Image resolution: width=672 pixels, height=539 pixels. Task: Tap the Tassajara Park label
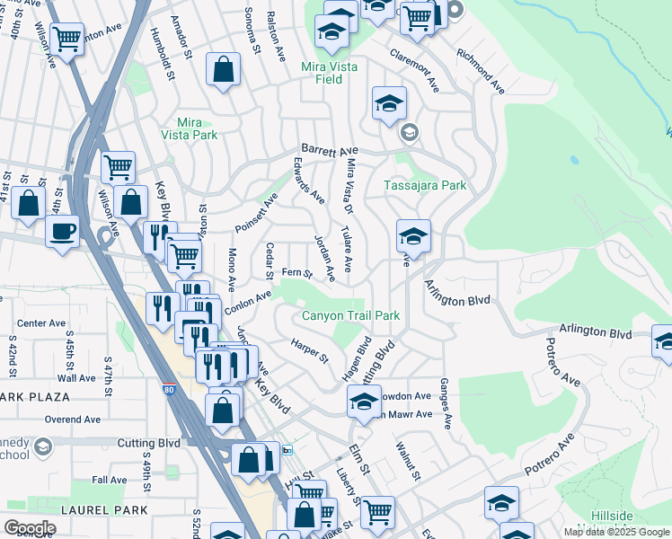click(425, 185)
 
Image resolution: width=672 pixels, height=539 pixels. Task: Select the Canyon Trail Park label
click(350, 315)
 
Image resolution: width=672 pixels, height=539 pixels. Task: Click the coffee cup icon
click(62, 231)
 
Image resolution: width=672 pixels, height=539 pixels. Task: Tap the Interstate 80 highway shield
click(169, 389)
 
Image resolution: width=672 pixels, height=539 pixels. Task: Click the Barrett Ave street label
click(330, 150)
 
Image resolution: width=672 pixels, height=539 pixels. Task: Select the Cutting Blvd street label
click(149, 443)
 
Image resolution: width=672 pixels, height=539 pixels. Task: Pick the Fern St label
click(296, 272)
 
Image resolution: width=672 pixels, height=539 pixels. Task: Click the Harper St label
click(310, 350)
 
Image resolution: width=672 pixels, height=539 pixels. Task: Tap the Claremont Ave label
click(414, 67)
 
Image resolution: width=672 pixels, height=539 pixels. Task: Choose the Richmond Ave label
click(479, 72)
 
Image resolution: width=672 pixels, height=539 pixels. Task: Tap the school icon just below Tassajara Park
click(413, 237)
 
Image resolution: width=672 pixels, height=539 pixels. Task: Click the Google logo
click(29, 528)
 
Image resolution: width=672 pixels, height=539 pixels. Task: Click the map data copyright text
click(616, 532)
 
